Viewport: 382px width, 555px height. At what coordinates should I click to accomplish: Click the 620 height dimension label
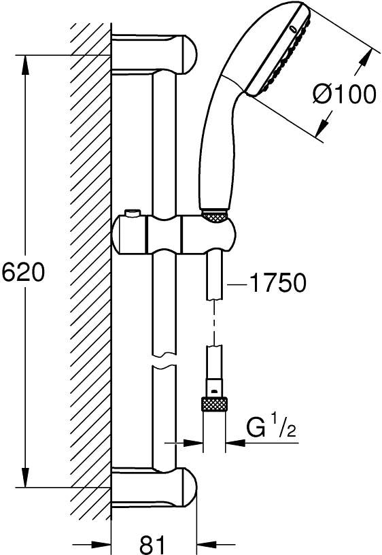pos(23,273)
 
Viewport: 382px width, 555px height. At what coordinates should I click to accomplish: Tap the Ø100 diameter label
pos(344,94)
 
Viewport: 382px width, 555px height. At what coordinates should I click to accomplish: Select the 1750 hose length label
pos(277,283)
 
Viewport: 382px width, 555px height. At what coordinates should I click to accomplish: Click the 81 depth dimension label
pos(152,543)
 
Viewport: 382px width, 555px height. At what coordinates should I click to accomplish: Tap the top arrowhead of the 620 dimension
pos(25,65)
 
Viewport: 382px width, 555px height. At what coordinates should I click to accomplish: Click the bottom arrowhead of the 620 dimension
pos(25,477)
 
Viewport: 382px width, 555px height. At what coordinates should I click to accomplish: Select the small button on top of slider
pos(133,214)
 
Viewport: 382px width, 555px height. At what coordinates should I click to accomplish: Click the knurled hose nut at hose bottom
pos(214,404)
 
